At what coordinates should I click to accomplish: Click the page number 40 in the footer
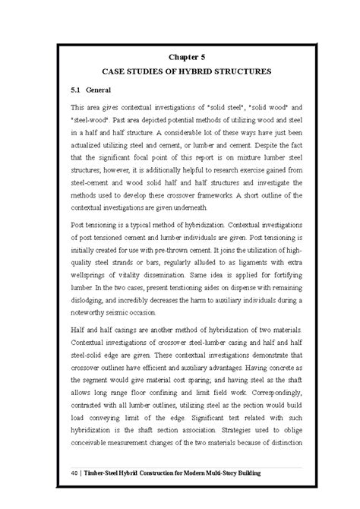click(x=73, y=473)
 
